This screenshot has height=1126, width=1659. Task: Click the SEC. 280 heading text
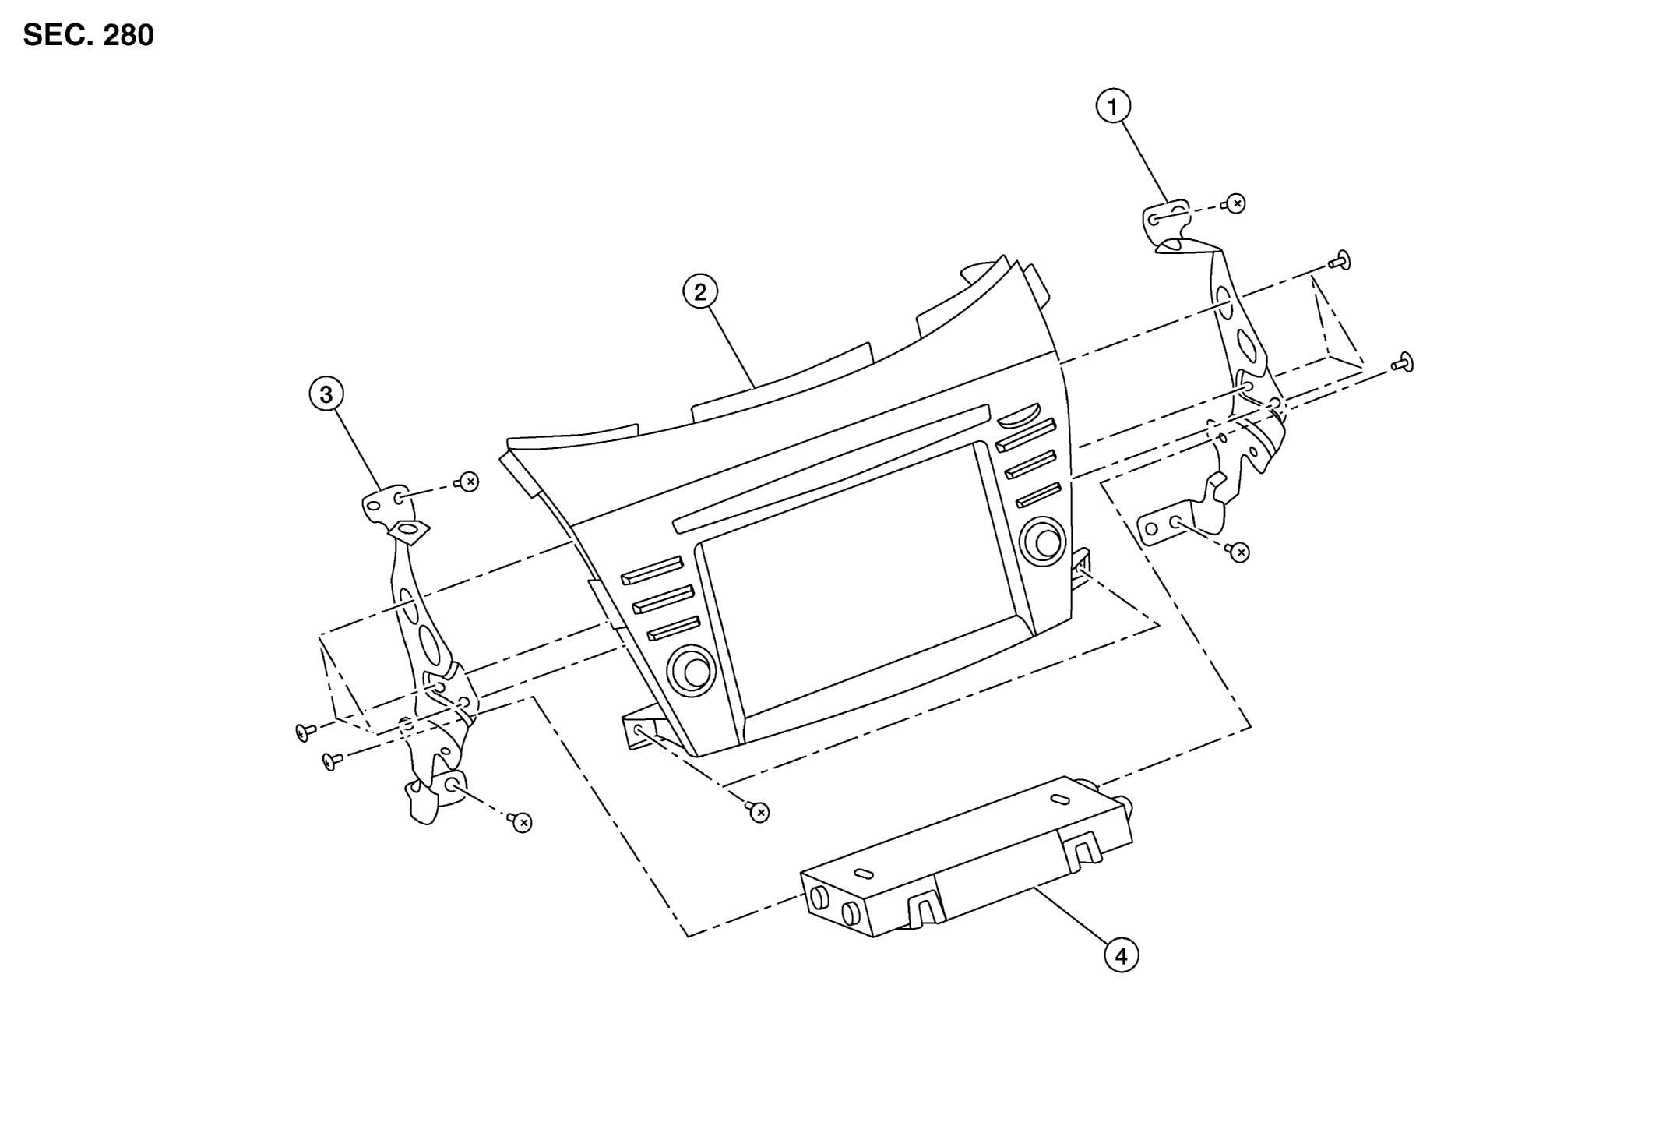[x=88, y=35]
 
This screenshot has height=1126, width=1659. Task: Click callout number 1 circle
[x=1113, y=106]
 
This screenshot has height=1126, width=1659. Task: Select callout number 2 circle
[x=700, y=292]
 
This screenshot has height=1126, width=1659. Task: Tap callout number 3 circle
[x=326, y=394]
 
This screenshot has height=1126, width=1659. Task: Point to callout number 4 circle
[x=1122, y=955]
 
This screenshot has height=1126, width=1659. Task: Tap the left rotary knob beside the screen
[x=692, y=669]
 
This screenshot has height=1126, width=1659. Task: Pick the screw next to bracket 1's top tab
[x=1234, y=203]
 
